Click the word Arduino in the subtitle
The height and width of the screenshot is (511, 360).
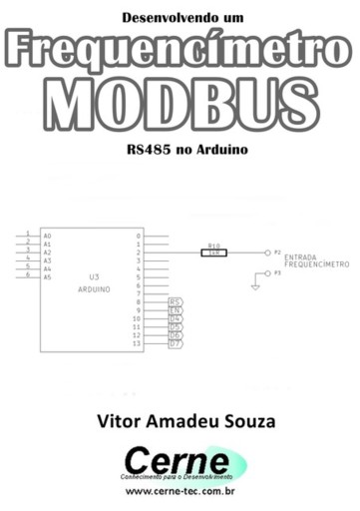pyautogui.click(x=220, y=156)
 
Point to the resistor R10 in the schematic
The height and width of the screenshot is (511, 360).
pyautogui.click(x=213, y=252)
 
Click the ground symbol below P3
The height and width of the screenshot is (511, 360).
pyautogui.click(x=255, y=287)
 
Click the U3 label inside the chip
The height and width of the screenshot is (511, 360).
pyautogui.click(x=94, y=276)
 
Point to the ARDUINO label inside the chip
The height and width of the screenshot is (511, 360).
pyautogui.click(x=94, y=287)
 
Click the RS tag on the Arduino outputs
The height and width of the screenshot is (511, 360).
pyautogui.click(x=175, y=301)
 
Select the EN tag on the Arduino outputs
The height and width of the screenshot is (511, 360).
pyautogui.click(x=175, y=310)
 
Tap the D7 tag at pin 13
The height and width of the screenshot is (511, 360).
pyautogui.click(x=175, y=343)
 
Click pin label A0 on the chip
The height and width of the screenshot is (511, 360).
pyautogui.click(x=47, y=236)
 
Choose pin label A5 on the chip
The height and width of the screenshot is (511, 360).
pyautogui.click(x=47, y=276)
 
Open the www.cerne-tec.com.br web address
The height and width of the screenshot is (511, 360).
pyautogui.click(x=180, y=490)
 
